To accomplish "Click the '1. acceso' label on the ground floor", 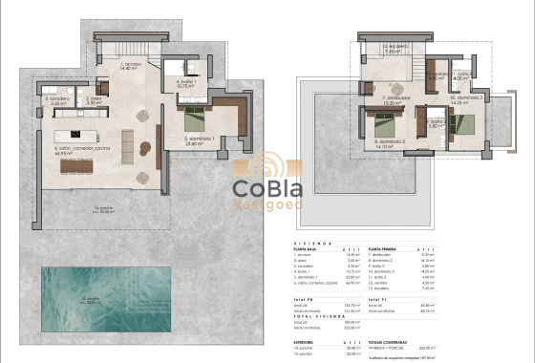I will [x=131, y=66].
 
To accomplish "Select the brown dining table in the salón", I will [x=79, y=166].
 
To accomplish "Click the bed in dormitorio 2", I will [x=382, y=123].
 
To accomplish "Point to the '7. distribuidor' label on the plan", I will [x=396, y=98].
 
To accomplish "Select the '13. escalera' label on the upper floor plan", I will [x=390, y=47].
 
